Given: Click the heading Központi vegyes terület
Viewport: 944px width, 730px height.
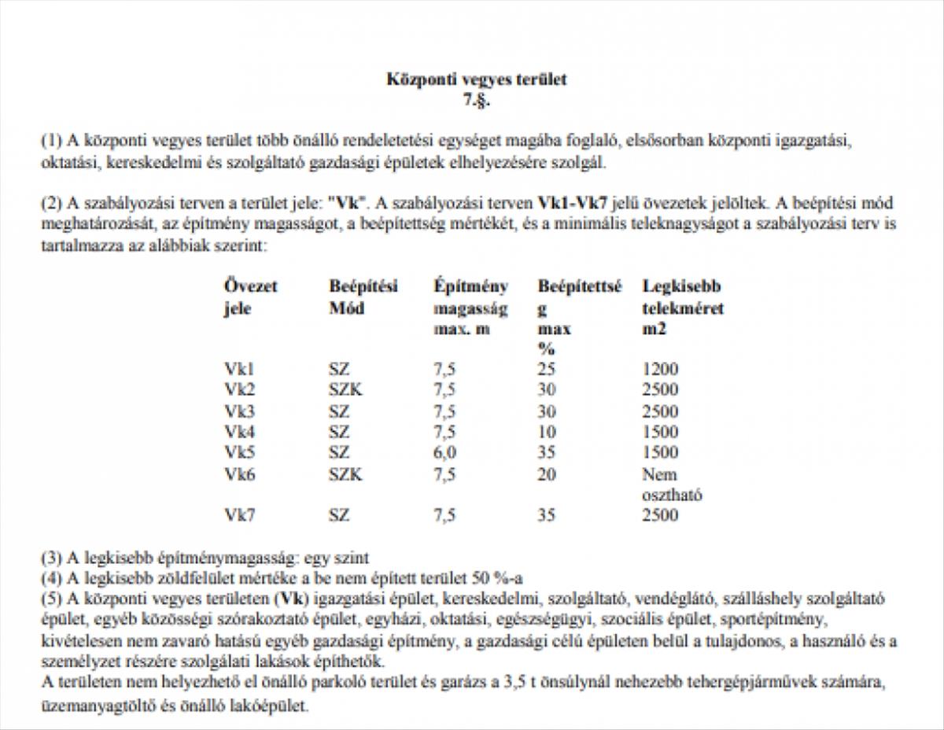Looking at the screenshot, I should point(476,79).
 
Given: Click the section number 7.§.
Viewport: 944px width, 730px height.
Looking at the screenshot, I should point(476,99).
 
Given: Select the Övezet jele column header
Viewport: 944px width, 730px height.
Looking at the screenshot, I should point(250,297).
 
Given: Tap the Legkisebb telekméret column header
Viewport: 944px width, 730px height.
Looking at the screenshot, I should point(682,308).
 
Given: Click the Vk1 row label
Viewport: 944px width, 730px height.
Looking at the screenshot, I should point(239,369).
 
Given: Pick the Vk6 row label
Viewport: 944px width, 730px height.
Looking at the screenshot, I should point(239,474).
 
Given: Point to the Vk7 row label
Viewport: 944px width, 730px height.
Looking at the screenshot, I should point(239,515).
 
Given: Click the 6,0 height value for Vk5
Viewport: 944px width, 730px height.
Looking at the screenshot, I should point(444,452).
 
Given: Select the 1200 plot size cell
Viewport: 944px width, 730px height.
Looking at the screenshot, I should point(659,369).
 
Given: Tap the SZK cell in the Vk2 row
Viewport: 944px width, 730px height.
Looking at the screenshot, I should point(345,389).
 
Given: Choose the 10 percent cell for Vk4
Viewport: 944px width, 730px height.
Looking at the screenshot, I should point(547,432).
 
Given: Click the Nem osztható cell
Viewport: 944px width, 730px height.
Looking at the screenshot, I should point(671,485).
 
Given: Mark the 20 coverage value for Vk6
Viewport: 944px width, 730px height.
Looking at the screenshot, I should point(547,474).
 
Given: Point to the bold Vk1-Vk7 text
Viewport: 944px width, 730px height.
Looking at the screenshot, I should point(572,202).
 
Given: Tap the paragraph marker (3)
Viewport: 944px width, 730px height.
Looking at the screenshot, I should point(51,559).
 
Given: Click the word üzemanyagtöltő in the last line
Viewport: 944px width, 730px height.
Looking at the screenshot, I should point(93,706).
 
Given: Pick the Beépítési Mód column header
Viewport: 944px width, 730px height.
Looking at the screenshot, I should point(363,297).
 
